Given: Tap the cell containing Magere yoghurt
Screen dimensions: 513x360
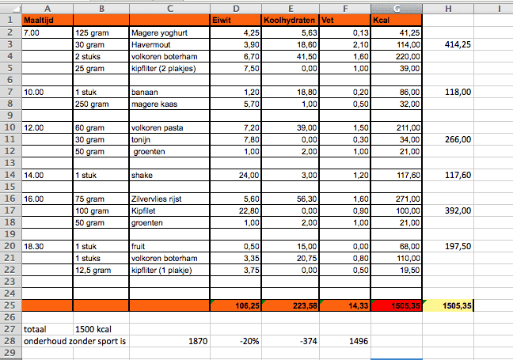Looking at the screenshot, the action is click(168, 32).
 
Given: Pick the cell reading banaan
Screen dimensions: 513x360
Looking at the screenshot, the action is click(168, 92).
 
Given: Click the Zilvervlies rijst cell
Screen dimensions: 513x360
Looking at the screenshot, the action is click(168, 200).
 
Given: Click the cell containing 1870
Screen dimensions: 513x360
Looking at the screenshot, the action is click(168, 341).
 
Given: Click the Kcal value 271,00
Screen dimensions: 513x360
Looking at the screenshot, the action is click(396, 200).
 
